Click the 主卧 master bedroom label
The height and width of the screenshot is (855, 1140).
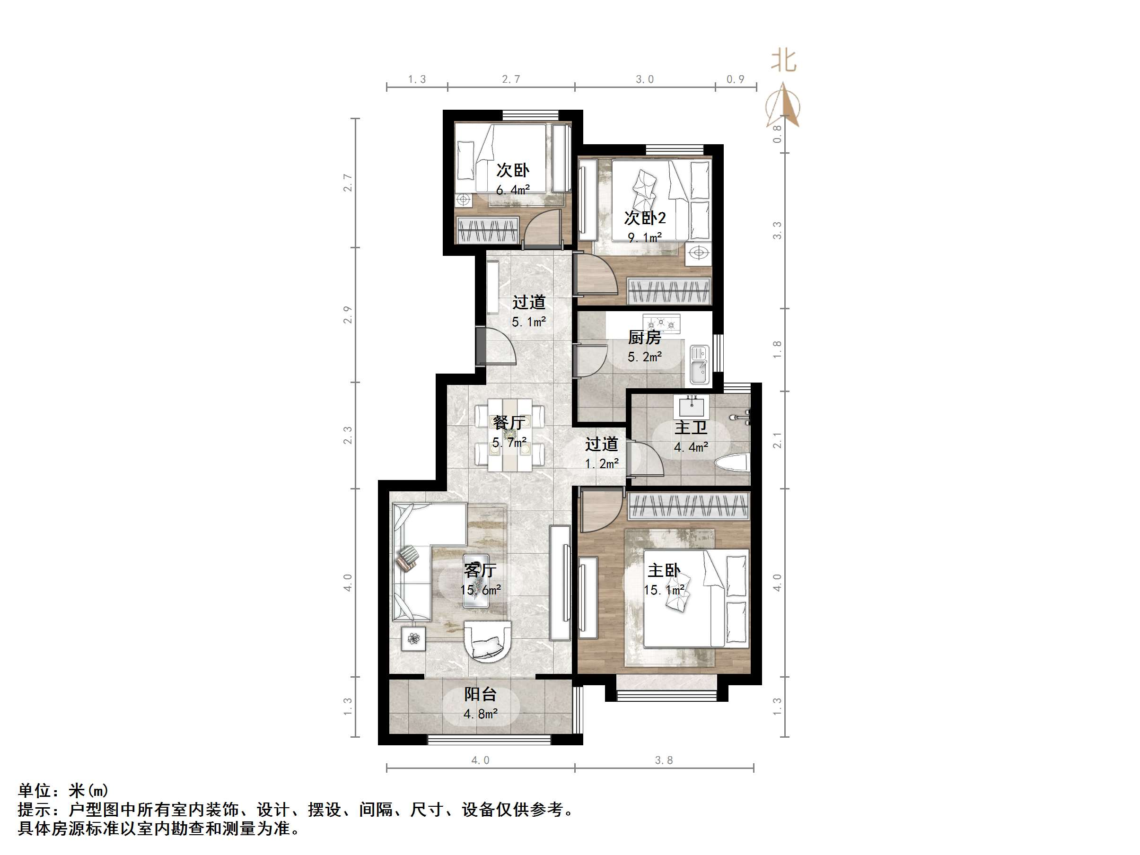(x=664, y=570)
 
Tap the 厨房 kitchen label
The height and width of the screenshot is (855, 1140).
(x=644, y=338)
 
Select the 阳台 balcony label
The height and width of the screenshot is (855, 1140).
(x=480, y=694)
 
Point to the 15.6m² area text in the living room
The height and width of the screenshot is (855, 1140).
(x=480, y=590)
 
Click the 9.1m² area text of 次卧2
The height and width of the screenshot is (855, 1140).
(x=644, y=237)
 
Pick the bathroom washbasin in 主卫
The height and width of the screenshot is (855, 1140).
(x=691, y=407)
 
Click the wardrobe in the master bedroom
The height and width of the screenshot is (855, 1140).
(x=689, y=506)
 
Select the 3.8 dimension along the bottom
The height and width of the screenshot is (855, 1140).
(x=664, y=760)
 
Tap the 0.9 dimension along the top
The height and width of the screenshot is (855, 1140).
(x=736, y=79)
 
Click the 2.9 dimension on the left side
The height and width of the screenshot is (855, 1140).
(x=348, y=315)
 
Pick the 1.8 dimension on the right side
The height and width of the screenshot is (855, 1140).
(x=777, y=350)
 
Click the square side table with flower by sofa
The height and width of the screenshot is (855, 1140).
(x=413, y=639)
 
